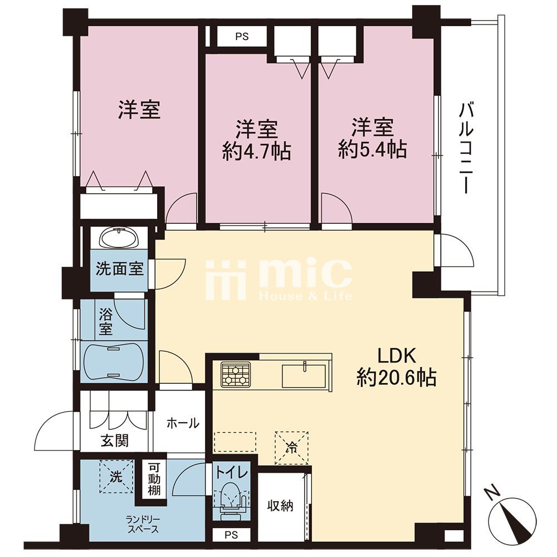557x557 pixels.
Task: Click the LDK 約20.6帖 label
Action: point(397,367)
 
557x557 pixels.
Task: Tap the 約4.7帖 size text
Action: point(257,152)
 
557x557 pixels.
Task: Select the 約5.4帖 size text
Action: point(372,149)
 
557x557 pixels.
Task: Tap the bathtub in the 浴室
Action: point(114,362)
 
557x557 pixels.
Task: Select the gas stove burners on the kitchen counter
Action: point(236,374)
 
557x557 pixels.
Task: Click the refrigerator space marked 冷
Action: point(291,448)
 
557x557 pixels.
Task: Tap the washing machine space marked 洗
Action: point(116,477)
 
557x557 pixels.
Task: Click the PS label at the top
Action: point(242,36)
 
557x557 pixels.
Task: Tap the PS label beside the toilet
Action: point(232,535)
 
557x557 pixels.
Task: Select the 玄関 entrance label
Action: point(114,441)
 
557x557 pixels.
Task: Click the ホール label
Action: point(183,423)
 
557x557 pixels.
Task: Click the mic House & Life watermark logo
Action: point(279,280)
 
